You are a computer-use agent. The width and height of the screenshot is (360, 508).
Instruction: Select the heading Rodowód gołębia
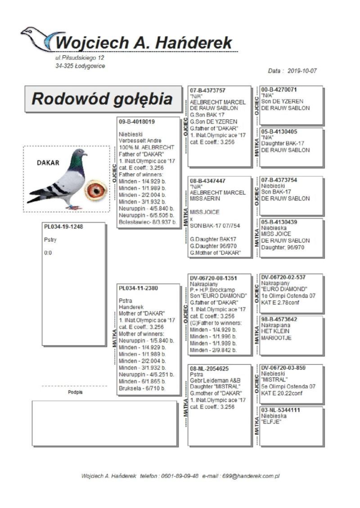click(x=102, y=99)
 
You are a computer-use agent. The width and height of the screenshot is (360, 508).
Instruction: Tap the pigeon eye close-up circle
click(x=96, y=190)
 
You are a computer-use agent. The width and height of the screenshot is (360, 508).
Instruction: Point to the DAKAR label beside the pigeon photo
click(x=48, y=163)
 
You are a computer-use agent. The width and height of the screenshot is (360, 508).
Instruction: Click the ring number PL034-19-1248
click(x=63, y=227)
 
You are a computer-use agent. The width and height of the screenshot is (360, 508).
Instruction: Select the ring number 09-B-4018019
click(x=137, y=121)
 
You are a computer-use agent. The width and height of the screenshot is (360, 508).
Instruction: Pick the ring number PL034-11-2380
click(x=138, y=288)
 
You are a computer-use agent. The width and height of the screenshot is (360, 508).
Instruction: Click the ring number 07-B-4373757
click(x=207, y=90)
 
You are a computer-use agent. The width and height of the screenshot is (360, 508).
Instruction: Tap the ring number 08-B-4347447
click(x=207, y=181)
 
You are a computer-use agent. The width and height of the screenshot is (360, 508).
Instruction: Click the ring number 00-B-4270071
click(x=279, y=90)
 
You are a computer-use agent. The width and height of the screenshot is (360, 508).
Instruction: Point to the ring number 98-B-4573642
click(x=279, y=319)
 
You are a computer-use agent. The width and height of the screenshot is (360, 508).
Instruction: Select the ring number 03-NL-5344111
click(x=280, y=410)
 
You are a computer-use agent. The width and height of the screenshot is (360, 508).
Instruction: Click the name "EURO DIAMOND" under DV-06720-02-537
click(x=284, y=289)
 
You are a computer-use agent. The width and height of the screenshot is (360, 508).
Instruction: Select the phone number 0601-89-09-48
click(x=180, y=476)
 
